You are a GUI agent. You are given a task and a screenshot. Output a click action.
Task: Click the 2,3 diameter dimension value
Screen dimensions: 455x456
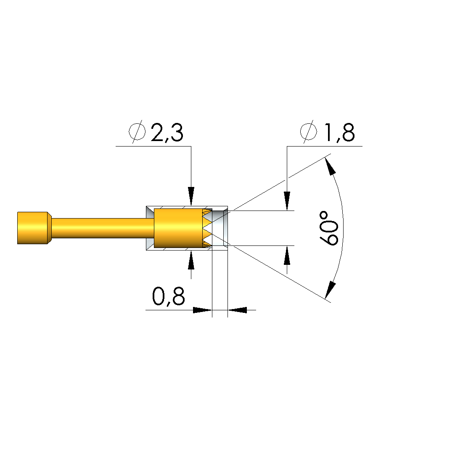point(167,133)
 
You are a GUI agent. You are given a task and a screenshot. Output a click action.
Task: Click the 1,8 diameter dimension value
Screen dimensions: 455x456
point(339,133)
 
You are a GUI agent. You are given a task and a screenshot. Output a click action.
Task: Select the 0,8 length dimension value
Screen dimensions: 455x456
point(168,297)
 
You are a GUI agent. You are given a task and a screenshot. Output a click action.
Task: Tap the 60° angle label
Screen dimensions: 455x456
point(329,228)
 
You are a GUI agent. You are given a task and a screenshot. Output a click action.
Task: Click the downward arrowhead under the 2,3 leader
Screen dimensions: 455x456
point(191,196)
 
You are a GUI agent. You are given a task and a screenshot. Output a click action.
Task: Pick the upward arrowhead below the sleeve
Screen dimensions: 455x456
point(191,260)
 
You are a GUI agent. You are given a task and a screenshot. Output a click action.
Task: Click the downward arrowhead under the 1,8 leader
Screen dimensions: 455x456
point(287,201)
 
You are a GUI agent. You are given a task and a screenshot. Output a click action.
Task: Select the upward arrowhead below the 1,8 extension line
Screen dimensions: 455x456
point(287,255)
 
